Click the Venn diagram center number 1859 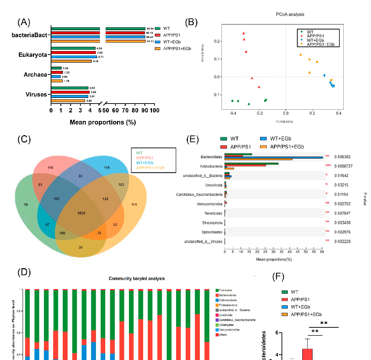pyautogui.click(x=81, y=213)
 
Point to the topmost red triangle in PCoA pyautogui.click(x=243, y=33)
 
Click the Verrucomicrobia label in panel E pyautogui.click(x=209, y=204)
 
